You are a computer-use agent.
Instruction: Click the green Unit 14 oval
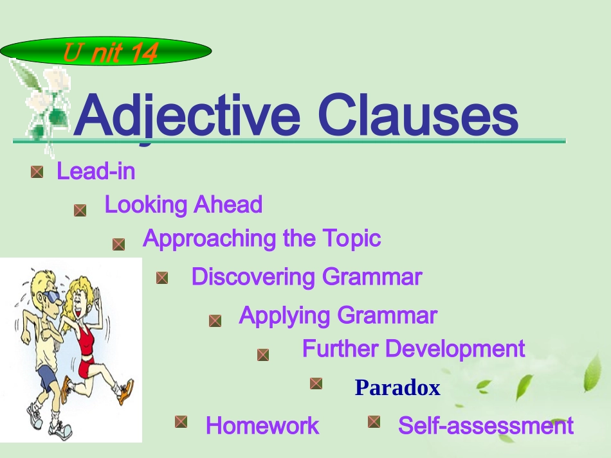coord(106,52)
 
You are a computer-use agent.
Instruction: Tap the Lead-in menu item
coord(96,172)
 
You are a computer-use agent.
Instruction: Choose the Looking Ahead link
coord(183,205)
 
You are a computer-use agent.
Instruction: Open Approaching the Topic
coord(262,238)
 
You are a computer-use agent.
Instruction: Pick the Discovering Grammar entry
coord(306,277)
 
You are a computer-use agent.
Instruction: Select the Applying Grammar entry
coord(338,315)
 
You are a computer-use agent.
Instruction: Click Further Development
coord(414,349)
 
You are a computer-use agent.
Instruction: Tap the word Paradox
coord(397,388)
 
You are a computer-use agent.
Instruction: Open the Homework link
coord(262,425)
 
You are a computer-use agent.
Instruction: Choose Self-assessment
coord(486,425)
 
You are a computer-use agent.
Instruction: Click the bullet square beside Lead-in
coord(37,172)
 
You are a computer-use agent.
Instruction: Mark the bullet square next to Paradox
coord(316,383)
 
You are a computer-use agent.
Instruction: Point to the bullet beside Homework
coord(181,421)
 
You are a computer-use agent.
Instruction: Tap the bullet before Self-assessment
coord(374,421)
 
